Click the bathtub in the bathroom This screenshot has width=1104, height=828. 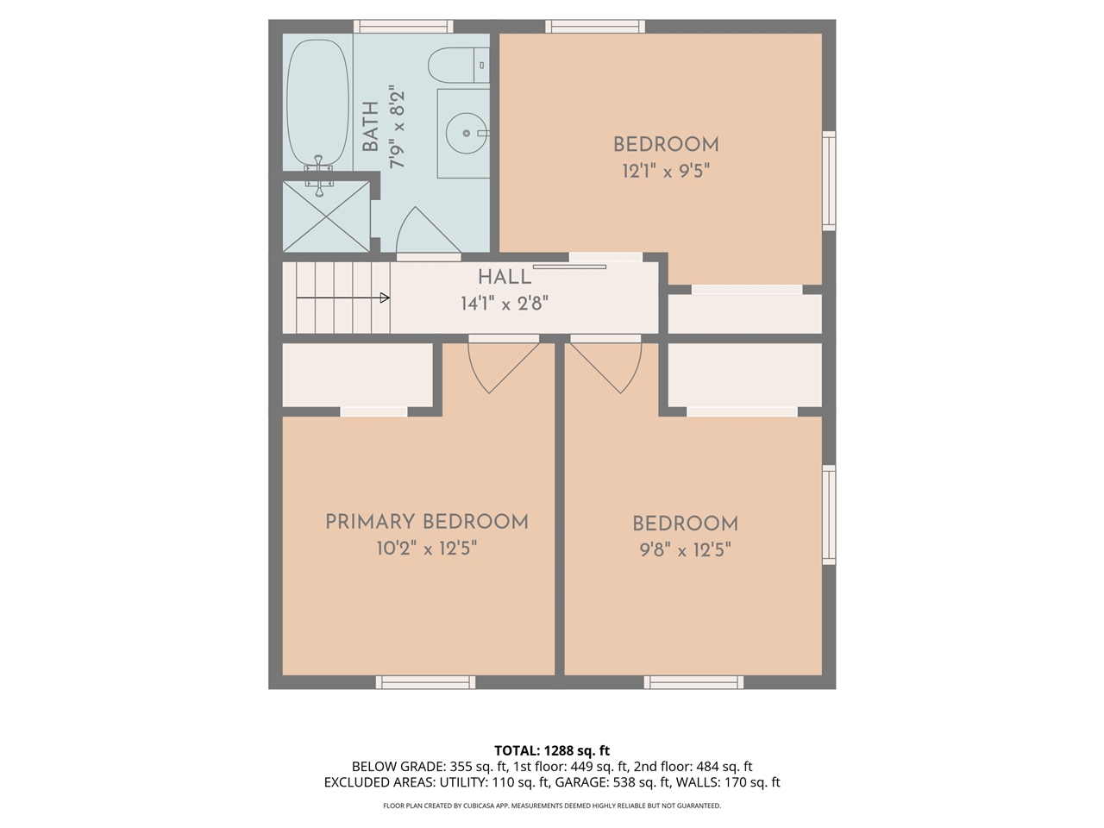(x=317, y=103)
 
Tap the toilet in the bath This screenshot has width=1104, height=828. (x=458, y=66)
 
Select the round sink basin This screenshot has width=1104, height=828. (x=467, y=133)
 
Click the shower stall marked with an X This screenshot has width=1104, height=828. (x=326, y=216)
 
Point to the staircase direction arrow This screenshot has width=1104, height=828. (x=343, y=298)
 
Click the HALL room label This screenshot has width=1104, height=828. (x=505, y=277)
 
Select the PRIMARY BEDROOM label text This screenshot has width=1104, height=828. (x=427, y=522)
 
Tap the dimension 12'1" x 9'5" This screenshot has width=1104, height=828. (x=666, y=172)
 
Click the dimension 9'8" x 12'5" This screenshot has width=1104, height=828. (x=685, y=550)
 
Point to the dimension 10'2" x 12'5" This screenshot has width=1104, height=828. (x=427, y=549)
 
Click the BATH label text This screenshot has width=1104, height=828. (x=371, y=127)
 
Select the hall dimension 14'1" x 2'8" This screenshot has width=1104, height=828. (x=505, y=304)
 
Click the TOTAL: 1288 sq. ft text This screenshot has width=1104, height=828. (x=552, y=750)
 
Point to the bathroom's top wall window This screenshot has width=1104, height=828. (x=404, y=26)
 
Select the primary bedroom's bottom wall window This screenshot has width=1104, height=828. (x=425, y=682)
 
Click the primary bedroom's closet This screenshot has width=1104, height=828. (x=358, y=375)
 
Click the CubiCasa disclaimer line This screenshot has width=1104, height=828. (x=552, y=806)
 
